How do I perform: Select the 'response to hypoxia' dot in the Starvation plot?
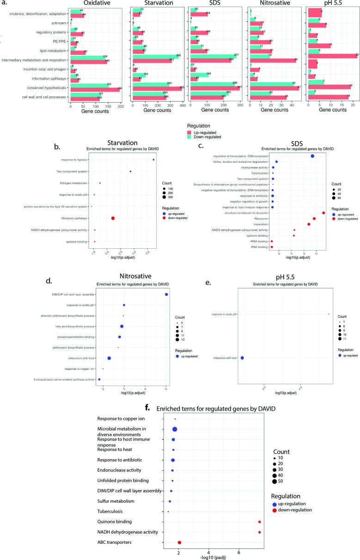tap(153, 160)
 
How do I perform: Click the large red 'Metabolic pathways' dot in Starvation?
tap(113, 218)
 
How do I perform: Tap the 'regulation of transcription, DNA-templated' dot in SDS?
tap(312, 156)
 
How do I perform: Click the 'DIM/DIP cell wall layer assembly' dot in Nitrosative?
tap(166, 295)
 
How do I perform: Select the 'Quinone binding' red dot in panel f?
tap(260, 522)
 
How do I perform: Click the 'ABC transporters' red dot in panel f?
tap(179, 542)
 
